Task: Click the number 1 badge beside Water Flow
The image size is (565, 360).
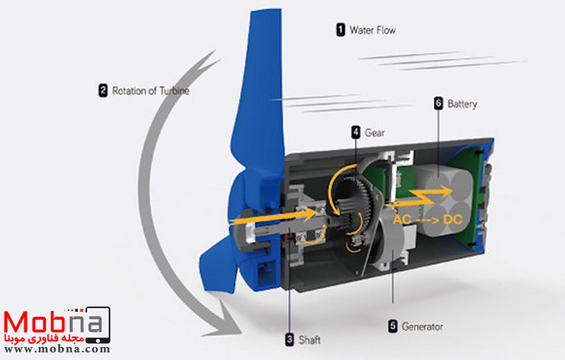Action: click(x=340, y=30)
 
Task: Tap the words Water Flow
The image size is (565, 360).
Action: click(x=372, y=30)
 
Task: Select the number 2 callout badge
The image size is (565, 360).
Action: click(x=103, y=91)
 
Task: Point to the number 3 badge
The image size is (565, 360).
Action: click(x=289, y=339)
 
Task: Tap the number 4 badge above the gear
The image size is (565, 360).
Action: click(x=356, y=132)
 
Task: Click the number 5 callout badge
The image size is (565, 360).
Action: click(x=392, y=326)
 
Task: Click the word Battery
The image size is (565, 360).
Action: click(x=462, y=104)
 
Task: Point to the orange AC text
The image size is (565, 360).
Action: click(x=407, y=217)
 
